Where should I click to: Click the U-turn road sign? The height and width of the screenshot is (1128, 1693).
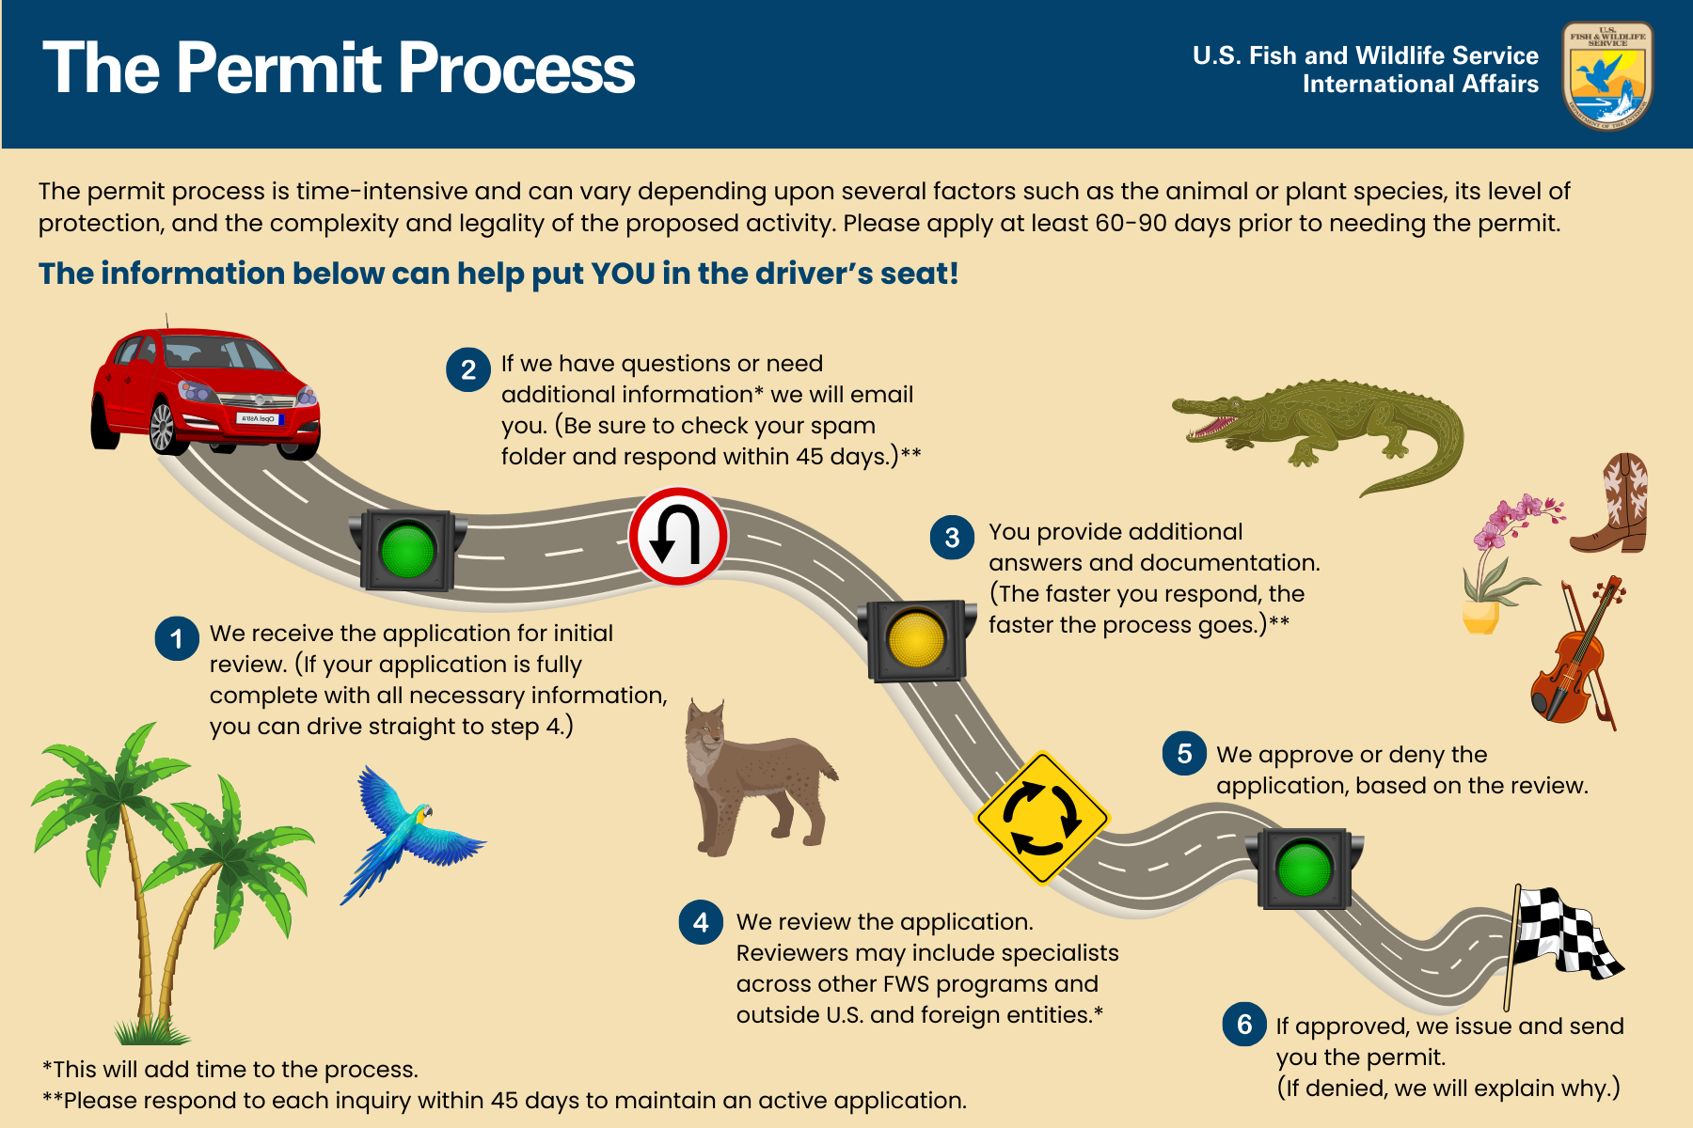pyautogui.click(x=677, y=537)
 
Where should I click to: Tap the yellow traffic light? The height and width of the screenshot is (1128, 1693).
pyautogui.click(x=915, y=640)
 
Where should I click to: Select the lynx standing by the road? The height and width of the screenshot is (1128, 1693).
pyautogui.click(x=752, y=775)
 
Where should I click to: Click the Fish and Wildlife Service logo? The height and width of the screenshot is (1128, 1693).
pyautogui.click(x=1607, y=75)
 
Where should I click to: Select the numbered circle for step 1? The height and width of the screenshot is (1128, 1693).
pyautogui.click(x=177, y=639)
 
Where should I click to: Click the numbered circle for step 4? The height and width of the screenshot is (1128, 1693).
pyautogui.click(x=701, y=922)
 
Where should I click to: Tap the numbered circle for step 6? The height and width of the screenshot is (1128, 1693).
pyautogui.click(x=1244, y=1025)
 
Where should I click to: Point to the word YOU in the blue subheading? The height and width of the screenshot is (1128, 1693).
pyautogui.click(x=622, y=274)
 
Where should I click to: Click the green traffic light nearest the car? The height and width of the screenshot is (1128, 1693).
pyautogui.click(x=407, y=550)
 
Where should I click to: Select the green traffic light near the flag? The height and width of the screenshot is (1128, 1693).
pyautogui.click(x=1304, y=869)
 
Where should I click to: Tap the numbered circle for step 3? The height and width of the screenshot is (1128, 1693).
pyautogui.click(x=952, y=538)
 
